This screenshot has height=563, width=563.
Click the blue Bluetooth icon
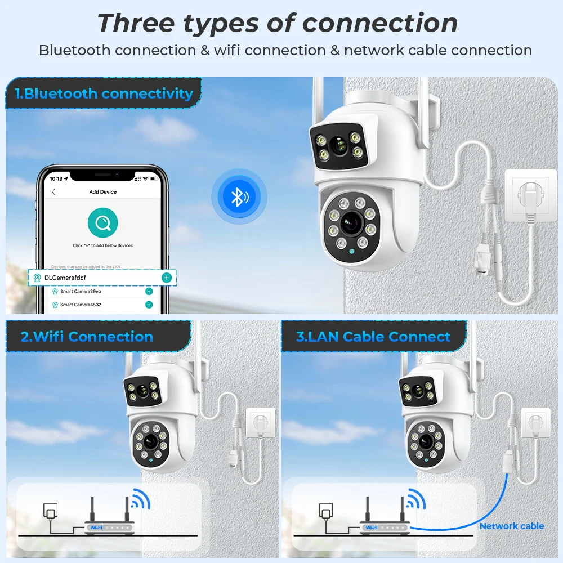(239, 196)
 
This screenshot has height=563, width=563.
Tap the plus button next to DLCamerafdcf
(167, 278)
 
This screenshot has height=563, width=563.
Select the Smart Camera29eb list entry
(81, 292)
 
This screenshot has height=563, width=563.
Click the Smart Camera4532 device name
(81, 305)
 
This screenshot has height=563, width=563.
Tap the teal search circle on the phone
(102, 223)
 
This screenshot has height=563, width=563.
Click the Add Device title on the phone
(103, 192)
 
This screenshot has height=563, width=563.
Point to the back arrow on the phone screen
(53, 192)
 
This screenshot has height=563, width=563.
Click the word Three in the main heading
(133, 24)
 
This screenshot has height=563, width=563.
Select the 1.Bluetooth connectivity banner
(104, 93)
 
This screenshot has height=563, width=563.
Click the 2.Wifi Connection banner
(87, 337)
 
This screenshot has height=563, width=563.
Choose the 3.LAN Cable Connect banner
(373, 337)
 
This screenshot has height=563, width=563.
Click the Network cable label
(512, 526)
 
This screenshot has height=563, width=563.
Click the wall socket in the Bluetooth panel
(531, 194)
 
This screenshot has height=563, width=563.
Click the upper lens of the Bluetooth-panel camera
(338, 146)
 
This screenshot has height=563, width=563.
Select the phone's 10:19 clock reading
(56, 178)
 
